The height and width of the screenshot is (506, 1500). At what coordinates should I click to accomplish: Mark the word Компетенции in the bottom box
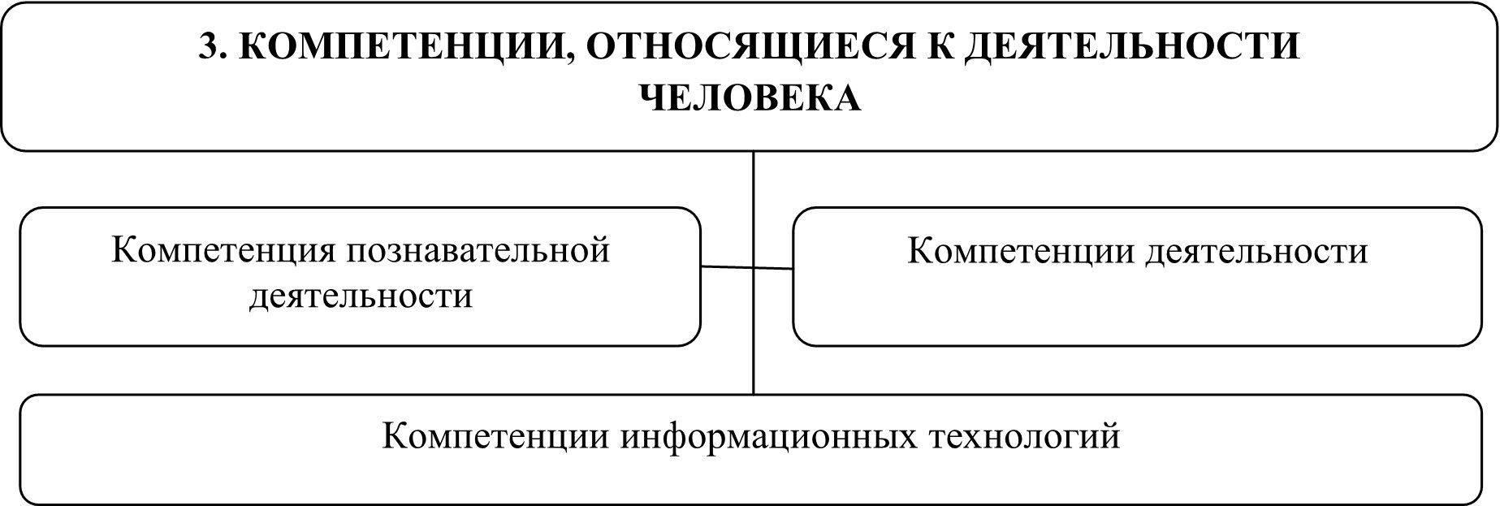(496, 437)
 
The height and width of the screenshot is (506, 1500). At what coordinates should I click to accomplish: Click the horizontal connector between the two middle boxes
(727, 267)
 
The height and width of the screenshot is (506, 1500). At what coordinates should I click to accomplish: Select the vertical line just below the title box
(754, 179)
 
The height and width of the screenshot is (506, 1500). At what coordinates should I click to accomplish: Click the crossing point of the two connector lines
(754, 268)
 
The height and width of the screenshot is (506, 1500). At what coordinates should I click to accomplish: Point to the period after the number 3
(224, 57)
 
